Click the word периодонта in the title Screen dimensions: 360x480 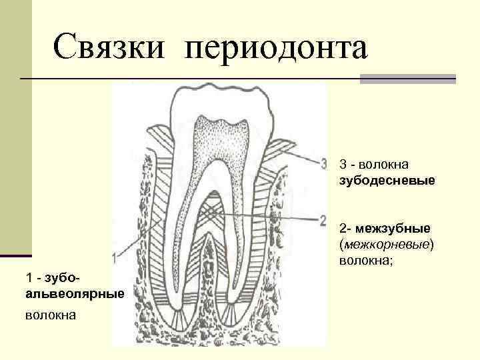coord(277,48)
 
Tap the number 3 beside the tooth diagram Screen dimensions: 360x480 coord(323,163)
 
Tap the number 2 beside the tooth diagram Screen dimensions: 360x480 coord(323,219)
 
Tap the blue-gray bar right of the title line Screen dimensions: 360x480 coord(407,79)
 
